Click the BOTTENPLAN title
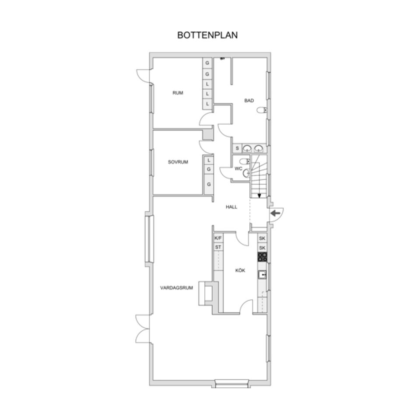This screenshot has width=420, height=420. (x=207, y=35)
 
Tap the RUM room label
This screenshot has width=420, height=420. (x=178, y=93)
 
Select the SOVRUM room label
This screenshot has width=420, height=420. (x=178, y=162)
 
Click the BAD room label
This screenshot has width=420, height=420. (x=249, y=101)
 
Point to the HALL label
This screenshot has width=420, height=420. (x=231, y=207)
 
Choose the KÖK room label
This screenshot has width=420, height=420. (x=240, y=270)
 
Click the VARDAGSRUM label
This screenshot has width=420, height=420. (x=176, y=288)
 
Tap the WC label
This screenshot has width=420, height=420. (x=238, y=168)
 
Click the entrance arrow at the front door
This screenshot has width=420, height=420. (x=275, y=213)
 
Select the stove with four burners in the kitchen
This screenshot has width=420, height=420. (x=262, y=257)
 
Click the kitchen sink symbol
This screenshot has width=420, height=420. (x=262, y=275)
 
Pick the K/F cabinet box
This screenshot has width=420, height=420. (x=218, y=238)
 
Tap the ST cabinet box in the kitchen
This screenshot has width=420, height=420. (x=218, y=247)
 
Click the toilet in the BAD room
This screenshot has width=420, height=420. (x=262, y=110)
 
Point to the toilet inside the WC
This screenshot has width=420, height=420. (x=245, y=161)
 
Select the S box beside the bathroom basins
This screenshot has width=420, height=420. (x=237, y=148)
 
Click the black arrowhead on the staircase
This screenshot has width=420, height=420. (x=259, y=196)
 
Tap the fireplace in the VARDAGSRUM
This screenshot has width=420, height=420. (x=206, y=293)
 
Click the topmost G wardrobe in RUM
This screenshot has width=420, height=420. (x=207, y=63)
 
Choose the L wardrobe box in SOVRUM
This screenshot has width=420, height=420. (x=209, y=161)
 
